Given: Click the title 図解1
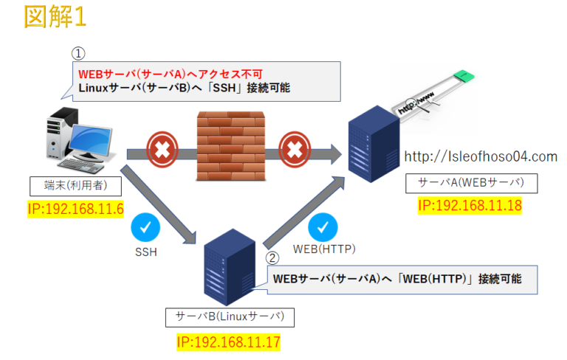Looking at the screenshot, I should (x=55, y=17).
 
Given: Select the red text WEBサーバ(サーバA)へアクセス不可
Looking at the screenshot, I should (x=171, y=73).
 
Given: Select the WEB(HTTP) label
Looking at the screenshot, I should (x=325, y=249).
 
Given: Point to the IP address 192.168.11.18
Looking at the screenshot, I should (x=470, y=205).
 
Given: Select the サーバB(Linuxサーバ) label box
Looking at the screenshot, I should (x=230, y=317).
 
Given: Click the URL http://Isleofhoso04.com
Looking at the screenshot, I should (x=481, y=156).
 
